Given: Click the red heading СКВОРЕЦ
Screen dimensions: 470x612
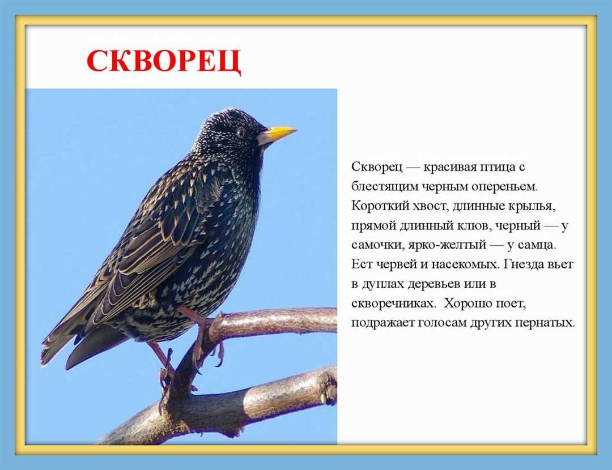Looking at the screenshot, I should click(163, 62).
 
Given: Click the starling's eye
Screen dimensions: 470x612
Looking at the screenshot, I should click(240, 131).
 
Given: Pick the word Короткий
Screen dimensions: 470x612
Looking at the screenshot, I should click(377, 206).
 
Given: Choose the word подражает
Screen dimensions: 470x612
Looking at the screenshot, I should click(381, 323).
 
